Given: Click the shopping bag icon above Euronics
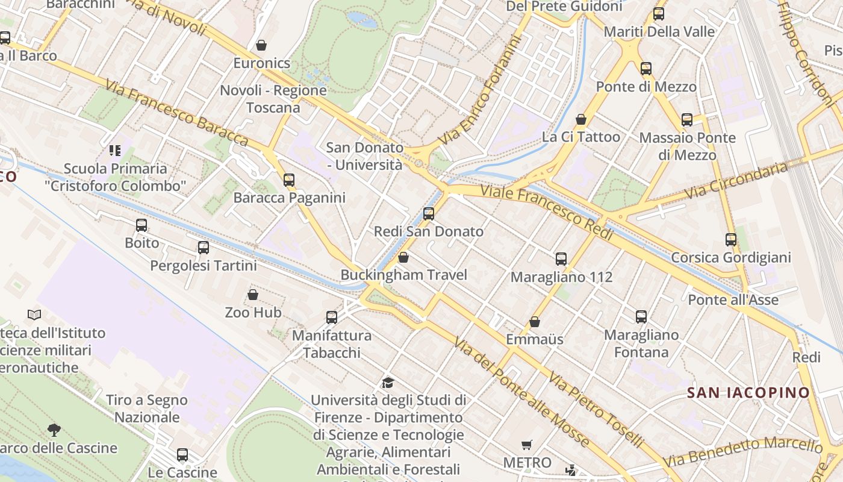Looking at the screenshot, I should pos(261,45).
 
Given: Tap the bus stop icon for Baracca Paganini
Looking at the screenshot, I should pos(289,180).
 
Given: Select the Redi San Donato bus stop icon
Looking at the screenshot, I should pos(429,213).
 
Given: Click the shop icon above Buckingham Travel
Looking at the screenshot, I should pos(403,257).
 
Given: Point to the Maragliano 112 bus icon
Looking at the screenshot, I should pos(561,259).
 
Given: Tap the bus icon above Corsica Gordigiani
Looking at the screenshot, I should pos(731,240).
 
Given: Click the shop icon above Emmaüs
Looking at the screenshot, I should pos(535,322).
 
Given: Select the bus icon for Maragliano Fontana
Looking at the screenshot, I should pos(641,317).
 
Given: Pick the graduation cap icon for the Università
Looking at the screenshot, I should pos(388,383).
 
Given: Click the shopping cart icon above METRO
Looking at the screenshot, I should pos(527,445).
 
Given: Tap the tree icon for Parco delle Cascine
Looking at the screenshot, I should pos(54,430).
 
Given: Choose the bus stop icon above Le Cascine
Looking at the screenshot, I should pos(182,455).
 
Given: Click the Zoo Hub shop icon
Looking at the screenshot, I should pos(253,295).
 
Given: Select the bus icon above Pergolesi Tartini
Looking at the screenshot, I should pos(204,248).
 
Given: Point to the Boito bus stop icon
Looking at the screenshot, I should pos(142,225).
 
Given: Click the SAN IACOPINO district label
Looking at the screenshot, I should pos(749,393).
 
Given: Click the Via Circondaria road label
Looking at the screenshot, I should pos(736,180).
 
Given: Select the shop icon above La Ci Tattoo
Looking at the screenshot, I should pos(581,119).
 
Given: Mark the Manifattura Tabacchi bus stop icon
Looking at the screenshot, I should pos(332,318).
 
